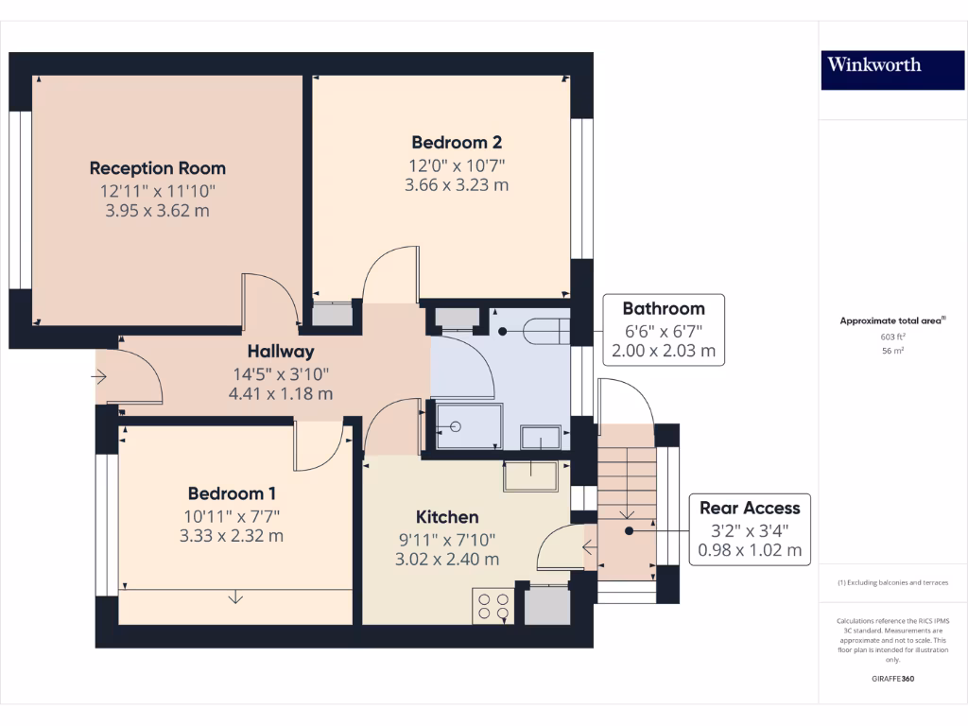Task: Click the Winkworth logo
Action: pyautogui.click(x=873, y=65)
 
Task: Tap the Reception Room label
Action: pyautogui.click(x=158, y=168)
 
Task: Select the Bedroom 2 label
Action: pyautogui.click(x=457, y=143)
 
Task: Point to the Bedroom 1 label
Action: pyautogui.click(x=232, y=493)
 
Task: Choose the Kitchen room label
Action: pyautogui.click(x=447, y=517)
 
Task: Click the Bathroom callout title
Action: pyautogui.click(x=663, y=308)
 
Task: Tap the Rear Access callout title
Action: pyautogui.click(x=749, y=508)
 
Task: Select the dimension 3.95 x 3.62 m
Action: pyautogui.click(x=158, y=210)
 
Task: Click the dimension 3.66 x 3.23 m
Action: pyautogui.click(x=457, y=184)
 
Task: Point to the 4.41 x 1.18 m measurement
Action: pyautogui.click(x=281, y=393)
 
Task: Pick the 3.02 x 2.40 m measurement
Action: pyautogui.click(x=447, y=559)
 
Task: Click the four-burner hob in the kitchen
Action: pyautogui.click(x=492, y=605)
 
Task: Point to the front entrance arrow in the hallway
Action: pyautogui.click(x=100, y=377)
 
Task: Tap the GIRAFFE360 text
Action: pyautogui.click(x=892, y=679)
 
